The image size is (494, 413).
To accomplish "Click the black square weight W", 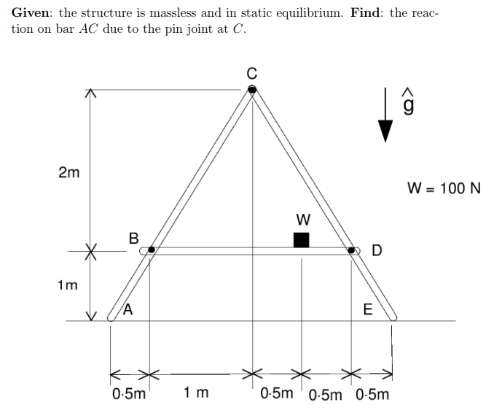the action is (301, 239).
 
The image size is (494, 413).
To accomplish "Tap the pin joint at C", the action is (252, 89).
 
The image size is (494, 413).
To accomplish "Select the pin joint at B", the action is (152, 250).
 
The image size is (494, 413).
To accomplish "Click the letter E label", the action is (367, 309).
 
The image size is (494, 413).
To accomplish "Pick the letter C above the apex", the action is (252, 72).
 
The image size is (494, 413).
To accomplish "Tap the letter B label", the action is (133, 237).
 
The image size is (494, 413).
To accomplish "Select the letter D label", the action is (376, 252).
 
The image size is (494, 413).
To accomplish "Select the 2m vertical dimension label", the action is (69, 174).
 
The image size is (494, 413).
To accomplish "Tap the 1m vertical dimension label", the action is (68, 285).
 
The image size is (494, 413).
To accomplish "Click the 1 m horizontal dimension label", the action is (196, 394).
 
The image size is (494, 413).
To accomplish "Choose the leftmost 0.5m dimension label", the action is (129, 395).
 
